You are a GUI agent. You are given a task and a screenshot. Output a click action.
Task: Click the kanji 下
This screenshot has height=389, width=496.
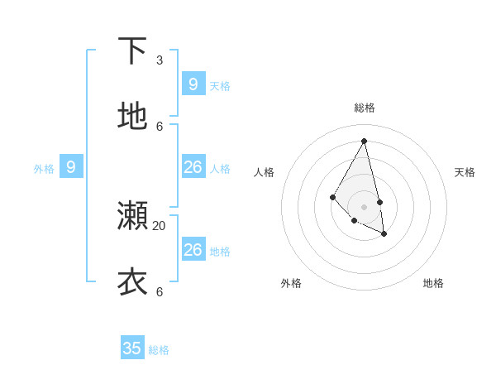(132, 51)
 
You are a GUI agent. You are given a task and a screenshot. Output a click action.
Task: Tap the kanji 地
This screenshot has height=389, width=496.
(132, 117)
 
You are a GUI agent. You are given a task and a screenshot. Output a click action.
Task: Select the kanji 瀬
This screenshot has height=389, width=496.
(132, 216)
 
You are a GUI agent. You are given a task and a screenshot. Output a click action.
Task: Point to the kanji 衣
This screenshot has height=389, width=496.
(132, 281)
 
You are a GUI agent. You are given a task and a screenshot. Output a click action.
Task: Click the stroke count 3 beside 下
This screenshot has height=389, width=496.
(160, 60)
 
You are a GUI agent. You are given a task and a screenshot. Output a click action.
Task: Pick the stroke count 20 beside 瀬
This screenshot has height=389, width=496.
(160, 225)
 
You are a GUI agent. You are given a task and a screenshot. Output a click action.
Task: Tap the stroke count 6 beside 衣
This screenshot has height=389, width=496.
(160, 291)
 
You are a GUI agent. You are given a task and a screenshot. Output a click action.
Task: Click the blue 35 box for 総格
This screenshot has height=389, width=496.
(132, 348)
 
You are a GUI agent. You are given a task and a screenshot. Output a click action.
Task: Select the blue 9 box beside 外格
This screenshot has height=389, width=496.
(71, 167)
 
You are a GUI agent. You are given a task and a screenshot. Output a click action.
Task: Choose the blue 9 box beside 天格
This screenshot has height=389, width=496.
(193, 84)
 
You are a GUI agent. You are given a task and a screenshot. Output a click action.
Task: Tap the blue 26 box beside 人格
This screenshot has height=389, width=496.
(193, 167)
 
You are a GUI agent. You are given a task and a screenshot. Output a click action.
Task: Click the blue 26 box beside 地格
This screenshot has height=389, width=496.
(193, 249)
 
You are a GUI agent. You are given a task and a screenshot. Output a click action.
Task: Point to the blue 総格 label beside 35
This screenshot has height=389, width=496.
(159, 350)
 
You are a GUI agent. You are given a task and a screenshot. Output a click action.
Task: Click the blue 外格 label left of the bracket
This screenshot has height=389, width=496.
(44, 169)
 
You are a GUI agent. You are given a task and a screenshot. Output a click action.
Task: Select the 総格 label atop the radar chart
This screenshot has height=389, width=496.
(365, 108)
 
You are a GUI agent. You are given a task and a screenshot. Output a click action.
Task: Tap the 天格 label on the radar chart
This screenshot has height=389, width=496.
(465, 172)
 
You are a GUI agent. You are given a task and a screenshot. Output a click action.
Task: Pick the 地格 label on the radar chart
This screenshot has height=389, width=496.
(433, 283)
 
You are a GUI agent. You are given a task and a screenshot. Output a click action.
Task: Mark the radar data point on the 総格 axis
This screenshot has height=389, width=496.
(365, 141)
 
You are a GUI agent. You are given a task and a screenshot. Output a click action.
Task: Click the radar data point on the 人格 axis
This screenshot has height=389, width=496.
(332, 196)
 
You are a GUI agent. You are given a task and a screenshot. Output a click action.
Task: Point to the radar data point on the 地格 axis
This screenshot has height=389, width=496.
(384, 234)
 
